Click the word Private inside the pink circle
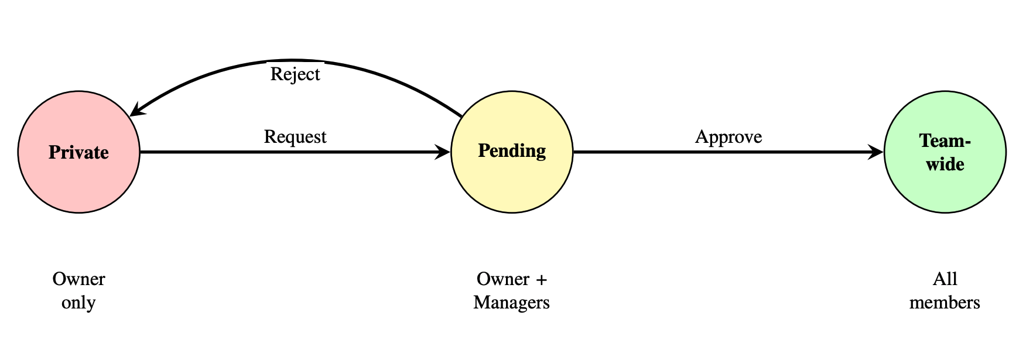[x=79, y=152]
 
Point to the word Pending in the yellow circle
[x=512, y=151]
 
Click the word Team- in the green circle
[x=945, y=141]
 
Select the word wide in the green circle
[x=945, y=164]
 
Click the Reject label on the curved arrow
[x=295, y=74]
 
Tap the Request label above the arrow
[x=295, y=136]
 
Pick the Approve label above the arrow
[x=729, y=136]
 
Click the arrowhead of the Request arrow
[x=443, y=152]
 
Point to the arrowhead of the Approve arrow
[x=876, y=152]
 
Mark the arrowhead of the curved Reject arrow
[x=136, y=111]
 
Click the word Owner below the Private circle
[x=79, y=279]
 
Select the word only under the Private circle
[x=79, y=303]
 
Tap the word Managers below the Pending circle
[x=512, y=303]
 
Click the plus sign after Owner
[x=541, y=279]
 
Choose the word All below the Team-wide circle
[x=945, y=279]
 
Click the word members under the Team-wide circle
[x=945, y=303]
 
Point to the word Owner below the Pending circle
[x=503, y=279]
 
